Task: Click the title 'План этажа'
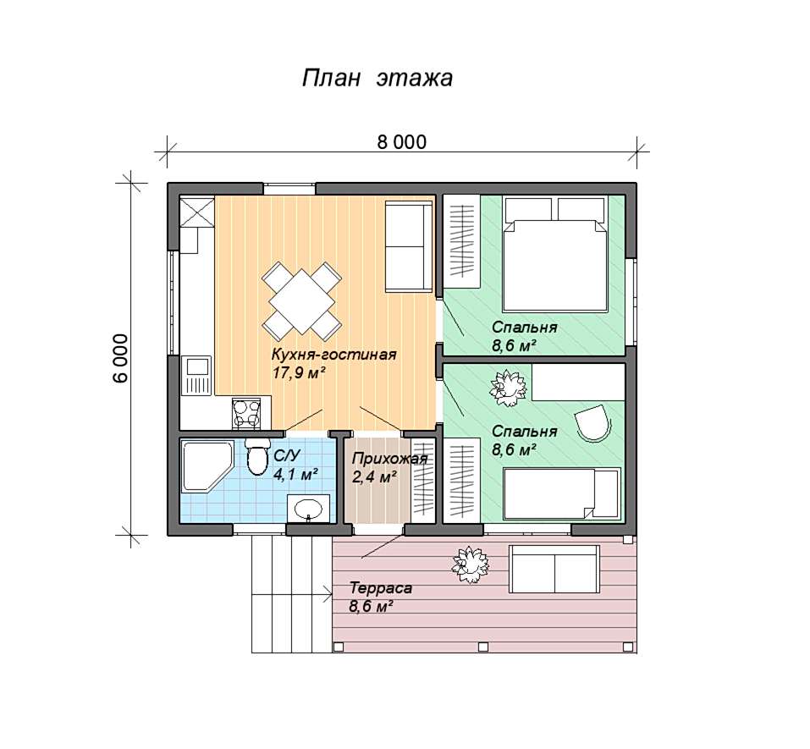pyautogui.click(x=377, y=79)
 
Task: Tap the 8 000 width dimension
pyautogui.click(x=402, y=142)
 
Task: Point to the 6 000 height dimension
pyautogui.click(x=120, y=358)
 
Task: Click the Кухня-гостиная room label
pyautogui.click(x=333, y=355)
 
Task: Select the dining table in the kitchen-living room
pyautogui.click(x=301, y=301)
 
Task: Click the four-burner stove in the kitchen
pyautogui.click(x=246, y=413)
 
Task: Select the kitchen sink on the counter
pyautogui.click(x=196, y=376)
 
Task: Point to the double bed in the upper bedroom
pyautogui.click(x=554, y=254)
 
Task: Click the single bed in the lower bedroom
pyautogui.click(x=562, y=493)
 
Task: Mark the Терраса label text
pyautogui.click(x=381, y=588)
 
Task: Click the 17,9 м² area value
pyautogui.click(x=299, y=373)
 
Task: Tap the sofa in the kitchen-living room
pyautogui.click(x=409, y=247)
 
